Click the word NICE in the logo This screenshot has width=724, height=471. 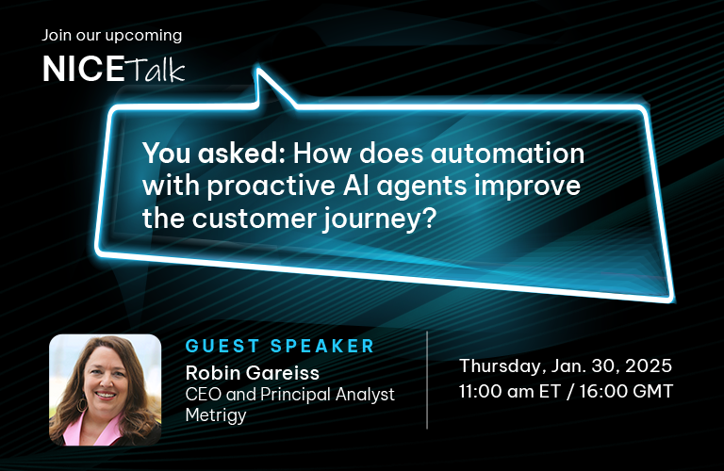84,69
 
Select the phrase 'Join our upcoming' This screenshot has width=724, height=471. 112,36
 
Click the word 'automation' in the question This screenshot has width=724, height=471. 508,154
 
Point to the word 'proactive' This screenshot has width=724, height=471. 271,187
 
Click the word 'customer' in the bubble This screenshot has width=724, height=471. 254,219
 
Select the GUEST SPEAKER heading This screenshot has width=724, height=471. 280,346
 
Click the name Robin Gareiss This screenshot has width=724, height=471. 252,373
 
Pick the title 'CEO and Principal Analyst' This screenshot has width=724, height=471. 290,395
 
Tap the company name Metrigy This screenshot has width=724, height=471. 216,415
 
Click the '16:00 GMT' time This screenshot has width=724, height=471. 626,391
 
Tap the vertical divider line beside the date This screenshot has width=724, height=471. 427,381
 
